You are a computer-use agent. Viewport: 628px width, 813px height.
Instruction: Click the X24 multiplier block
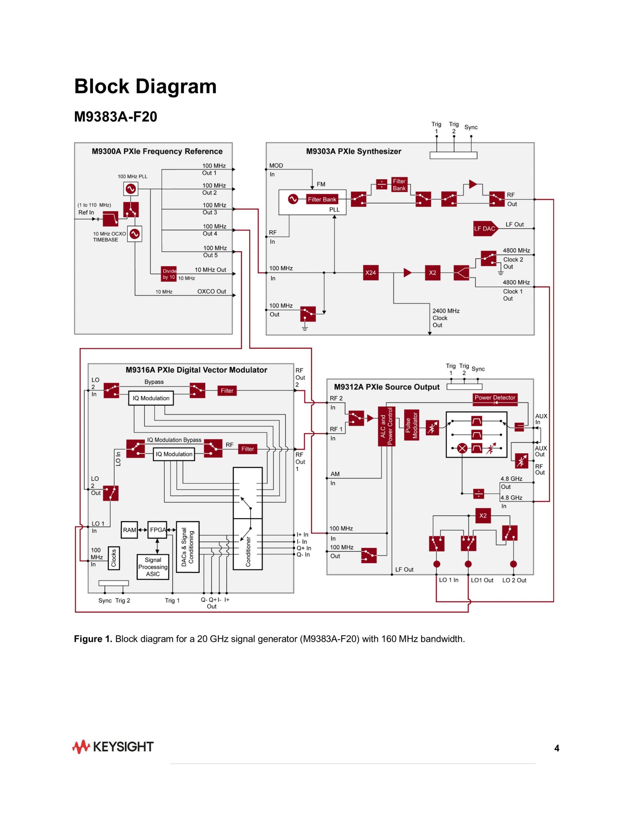[x=370, y=273]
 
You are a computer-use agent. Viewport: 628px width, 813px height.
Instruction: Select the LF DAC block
[x=484, y=229]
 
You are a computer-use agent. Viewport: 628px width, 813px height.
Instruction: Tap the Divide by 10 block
[x=169, y=274]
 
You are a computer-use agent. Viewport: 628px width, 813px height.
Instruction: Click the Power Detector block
[x=495, y=398]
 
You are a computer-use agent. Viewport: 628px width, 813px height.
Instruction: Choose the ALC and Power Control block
[x=387, y=426]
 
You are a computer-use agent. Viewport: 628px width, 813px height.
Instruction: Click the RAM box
[x=130, y=530]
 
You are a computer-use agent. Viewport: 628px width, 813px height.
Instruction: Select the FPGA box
[x=157, y=530]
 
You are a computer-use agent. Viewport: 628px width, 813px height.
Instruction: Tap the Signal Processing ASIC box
[x=153, y=567]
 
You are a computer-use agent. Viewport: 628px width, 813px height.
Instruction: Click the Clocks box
[x=113, y=558]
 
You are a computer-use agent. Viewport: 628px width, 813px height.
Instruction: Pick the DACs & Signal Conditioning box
[x=187, y=547]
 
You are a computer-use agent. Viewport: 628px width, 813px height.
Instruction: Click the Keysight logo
[x=113, y=747]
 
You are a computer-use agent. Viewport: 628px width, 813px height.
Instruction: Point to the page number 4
[x=557, y=748]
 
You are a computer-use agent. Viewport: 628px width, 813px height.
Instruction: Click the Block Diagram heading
[x=146, y=86]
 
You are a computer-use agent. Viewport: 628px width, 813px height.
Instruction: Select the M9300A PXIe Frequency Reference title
[x=157, y=152]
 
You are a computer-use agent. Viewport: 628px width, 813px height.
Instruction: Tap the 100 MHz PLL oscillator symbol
[x=131, y=189]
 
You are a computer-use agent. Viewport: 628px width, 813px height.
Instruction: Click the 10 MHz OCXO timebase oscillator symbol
[x=135, y=234]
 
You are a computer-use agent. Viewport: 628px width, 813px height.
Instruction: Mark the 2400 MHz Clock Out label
[x=446, y=318]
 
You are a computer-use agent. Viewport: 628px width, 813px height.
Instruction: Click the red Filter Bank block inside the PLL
[x=322, y=200]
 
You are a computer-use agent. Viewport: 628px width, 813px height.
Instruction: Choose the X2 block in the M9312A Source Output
[x=483, y=515]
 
